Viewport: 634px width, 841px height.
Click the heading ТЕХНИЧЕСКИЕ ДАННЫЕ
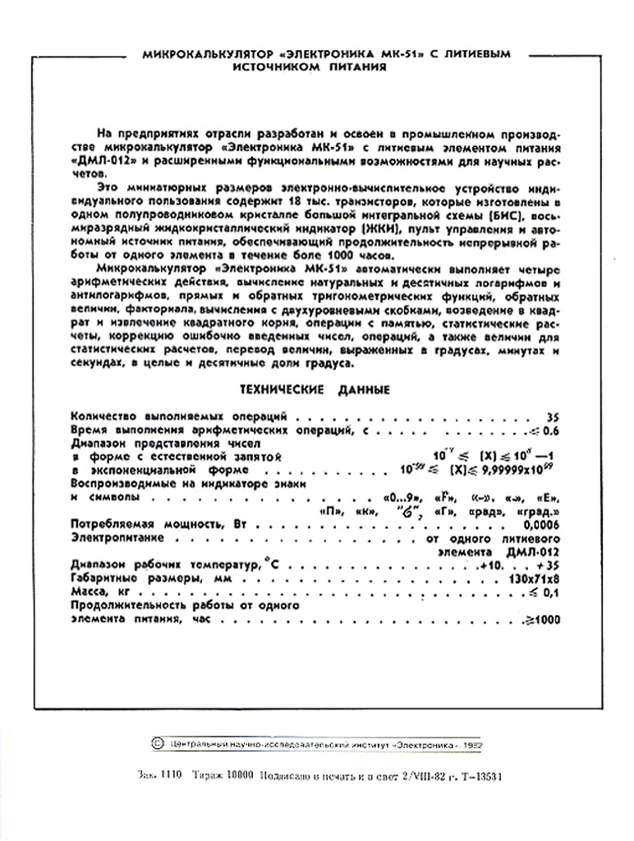315,389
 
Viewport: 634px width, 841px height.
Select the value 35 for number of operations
552,417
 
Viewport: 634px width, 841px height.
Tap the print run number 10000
239,775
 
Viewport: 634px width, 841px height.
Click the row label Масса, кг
102,592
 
